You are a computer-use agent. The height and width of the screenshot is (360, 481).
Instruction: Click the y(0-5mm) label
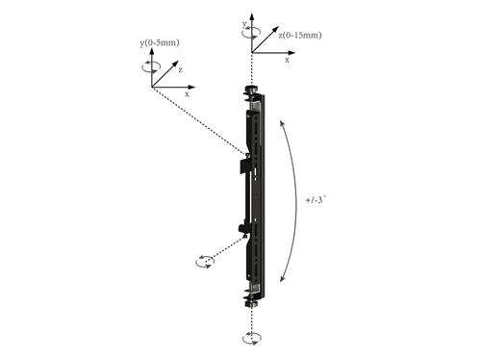point(159,43)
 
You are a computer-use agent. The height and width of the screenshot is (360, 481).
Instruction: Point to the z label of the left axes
point(180,69)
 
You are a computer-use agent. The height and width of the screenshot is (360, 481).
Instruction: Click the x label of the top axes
point(288,60)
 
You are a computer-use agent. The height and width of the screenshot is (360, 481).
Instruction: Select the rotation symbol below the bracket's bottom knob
point(252,337)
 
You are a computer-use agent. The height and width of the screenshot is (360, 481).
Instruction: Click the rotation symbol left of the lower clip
point(204,261)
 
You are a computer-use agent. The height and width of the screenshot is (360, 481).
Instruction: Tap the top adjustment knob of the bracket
point(252,91)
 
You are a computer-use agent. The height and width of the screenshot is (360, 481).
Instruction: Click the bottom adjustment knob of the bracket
point(252,301)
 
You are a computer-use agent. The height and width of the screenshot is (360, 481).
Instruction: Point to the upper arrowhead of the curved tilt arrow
point(281,122)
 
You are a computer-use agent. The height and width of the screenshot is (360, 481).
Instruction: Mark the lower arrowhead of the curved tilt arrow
point(282,278)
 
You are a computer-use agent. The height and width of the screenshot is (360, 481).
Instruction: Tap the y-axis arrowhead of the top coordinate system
point(252,16)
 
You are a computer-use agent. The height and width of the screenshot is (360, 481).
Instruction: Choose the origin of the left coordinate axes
point(152,87)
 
